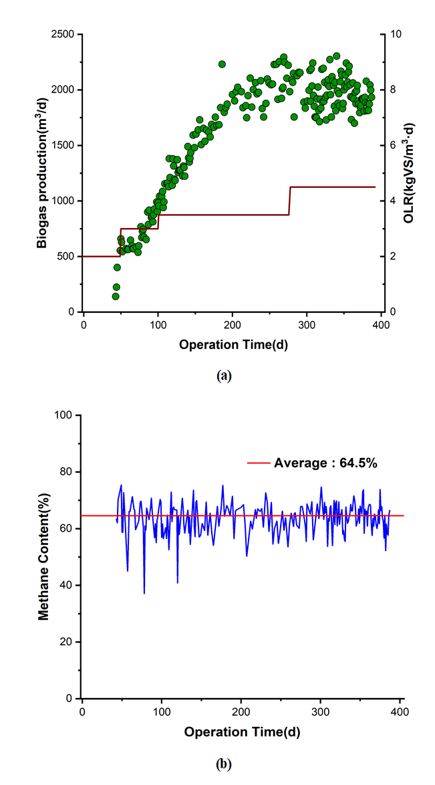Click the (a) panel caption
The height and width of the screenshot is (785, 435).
click(x=224, y=376)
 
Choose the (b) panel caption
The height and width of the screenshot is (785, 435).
click(x=224, y=763)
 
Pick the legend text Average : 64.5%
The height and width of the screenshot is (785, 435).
click(x=327, y=462)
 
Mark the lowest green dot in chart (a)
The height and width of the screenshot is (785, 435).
click(x=116, y=296)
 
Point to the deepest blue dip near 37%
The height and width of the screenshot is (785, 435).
click(x=144, y=592)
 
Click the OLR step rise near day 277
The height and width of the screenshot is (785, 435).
click(x=289, y=201)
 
